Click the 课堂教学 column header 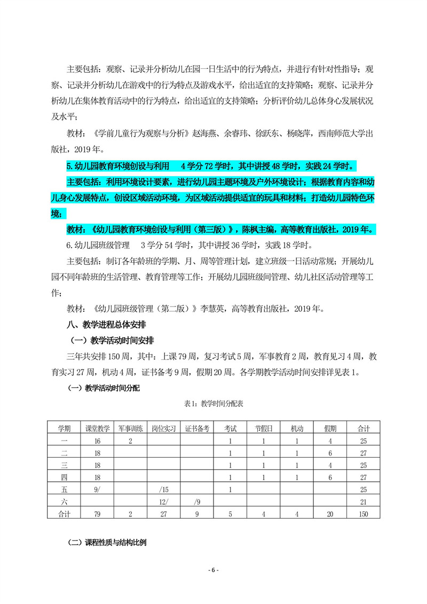tap(98, 428)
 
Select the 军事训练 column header tap(131, 428)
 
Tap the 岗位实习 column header tap(164, 428)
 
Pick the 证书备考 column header tap(197, 428)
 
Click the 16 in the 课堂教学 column tap(98, 441)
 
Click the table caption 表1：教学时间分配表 tap(213, 405)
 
